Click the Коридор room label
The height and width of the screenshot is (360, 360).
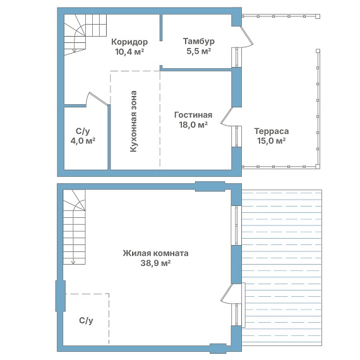pyautogui.click(x=129, y=42)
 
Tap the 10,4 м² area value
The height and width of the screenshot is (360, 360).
pyautogui.click(x=129, y=52)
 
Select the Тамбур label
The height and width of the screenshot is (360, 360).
pyautogui.click(x=198, y=41)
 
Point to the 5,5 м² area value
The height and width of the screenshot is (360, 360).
pyautogui.click(x=198, y=51)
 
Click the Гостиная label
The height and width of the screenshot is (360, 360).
pyautogui.click(x=193, y=115)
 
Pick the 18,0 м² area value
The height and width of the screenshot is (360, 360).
pyautogui.click(x=193, y=124)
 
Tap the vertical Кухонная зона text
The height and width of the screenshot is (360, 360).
pyautogui.click(x=133, y=121)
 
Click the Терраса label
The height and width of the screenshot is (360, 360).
pyautogui.click(x=272, y=131)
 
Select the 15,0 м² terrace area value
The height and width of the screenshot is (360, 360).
pyautogui.click(x=272, y=141)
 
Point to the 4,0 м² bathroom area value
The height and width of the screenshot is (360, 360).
pyautogui.click(x=83, y=141)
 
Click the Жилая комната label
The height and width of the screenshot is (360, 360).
pyautogui.click(x=155, y=253)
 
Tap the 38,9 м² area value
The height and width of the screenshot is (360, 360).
pyautogui.click(x=155, y=263)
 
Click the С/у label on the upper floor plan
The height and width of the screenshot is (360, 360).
pyautogui.click(x=83, y=131)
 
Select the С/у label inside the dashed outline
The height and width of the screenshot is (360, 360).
pyautogui.click(x=86, y=320)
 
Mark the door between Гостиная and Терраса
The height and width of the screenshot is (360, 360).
pyautogui.click(x=227, y=116)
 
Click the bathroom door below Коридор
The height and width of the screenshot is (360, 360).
pyautogui.click(x=97, y=99)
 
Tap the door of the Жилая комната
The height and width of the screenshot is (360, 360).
pyautogui.click(x=227, y=294)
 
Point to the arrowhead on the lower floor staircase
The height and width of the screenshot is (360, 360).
pyautogui.click(x=73, y=262)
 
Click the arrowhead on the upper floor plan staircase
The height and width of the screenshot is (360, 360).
pyautogui.click(x=75, y=51)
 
